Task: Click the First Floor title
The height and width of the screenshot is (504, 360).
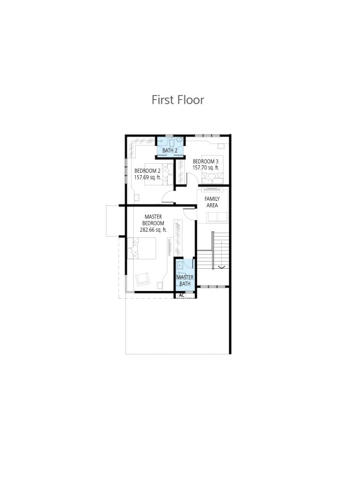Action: [x=178, y=99]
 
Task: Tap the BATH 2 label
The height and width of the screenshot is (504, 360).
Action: [x=170, y=151]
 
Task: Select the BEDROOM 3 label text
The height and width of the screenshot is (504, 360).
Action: [x=206, y=161]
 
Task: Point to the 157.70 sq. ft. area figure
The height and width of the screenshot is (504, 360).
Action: [x=206, y=168]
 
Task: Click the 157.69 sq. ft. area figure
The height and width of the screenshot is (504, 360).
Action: [x=148, y=177]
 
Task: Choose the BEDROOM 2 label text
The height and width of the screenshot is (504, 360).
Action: [x=148, y=171]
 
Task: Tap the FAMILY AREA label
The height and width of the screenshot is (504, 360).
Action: [x=212, y=202]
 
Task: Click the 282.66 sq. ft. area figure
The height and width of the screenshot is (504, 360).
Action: [x=153, y=230]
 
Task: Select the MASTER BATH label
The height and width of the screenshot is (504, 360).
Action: [x=185, y=280]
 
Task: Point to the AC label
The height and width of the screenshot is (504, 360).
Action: [x=182, y=295]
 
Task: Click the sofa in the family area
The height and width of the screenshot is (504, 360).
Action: [x=217, y=217]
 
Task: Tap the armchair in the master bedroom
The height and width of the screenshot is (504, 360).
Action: [x=143, y=279]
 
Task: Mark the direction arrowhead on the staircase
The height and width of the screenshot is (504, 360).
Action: [x=222, y=267]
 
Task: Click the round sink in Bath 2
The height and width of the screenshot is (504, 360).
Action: [x=179, y=139]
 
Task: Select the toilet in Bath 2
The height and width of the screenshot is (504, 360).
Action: [x=171, y=141]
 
